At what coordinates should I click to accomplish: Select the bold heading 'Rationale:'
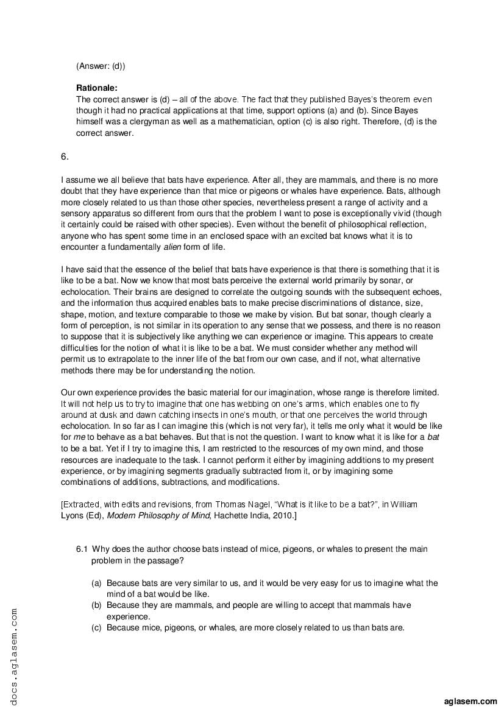click(x=97, y=88)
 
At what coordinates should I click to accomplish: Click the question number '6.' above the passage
click(x=65, y=157)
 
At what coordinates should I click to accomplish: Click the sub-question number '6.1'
click(x=83, y=549)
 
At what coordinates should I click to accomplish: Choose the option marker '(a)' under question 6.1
click(x=96, y=583)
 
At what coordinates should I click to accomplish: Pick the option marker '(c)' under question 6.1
click(x=96, y=627)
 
